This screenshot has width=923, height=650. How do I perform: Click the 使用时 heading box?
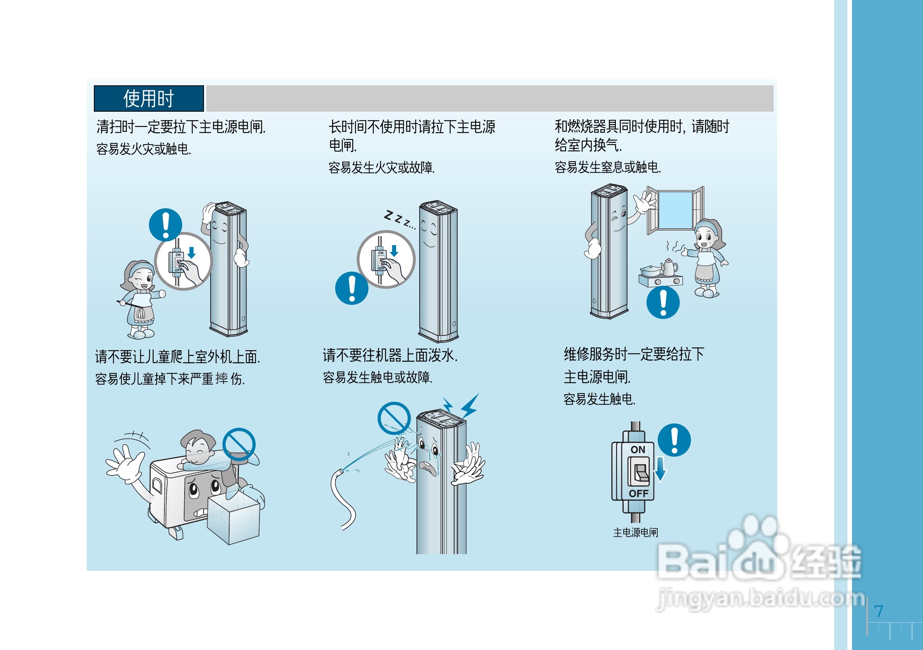click(x=149, y=99)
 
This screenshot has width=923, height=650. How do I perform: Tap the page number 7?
click(x=879, y=611)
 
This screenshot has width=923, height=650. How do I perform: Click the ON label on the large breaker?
click(x=638, y=450)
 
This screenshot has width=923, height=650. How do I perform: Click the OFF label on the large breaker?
click(x=638, y=494)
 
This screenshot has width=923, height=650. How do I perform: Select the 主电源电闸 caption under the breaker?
click(x=636, y=532)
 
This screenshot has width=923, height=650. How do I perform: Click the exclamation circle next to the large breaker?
click(x=674, y=440)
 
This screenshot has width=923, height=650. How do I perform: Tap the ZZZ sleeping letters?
click(x=399, y=219)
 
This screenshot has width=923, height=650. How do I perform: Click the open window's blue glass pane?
click(x=675, y=209)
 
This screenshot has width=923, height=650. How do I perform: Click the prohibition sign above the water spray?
click(x=394, y=418)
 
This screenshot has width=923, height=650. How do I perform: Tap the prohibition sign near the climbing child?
click(x=239, y=444)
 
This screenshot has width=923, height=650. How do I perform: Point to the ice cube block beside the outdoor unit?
click(x=233, y=519)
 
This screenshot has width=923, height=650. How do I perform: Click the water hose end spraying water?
click(x=342, y=471)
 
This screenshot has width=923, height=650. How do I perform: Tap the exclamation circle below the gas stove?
click(x=663, y=302)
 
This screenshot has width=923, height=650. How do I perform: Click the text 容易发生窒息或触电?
click(x=607, y=167)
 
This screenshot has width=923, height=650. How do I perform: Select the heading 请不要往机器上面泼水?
click(x=390, y=355)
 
